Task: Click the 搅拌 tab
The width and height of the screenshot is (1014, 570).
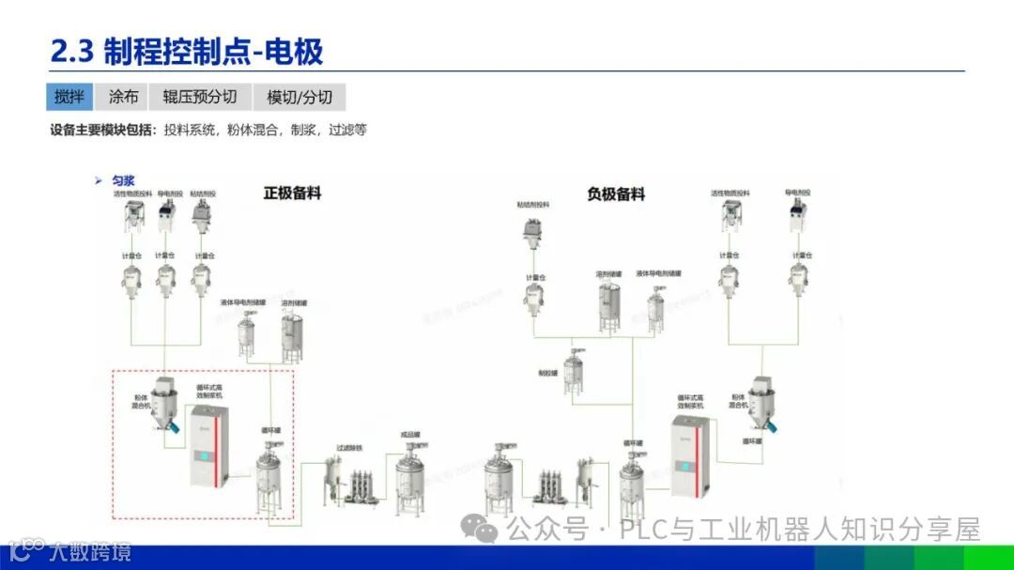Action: click(x=69, y=97)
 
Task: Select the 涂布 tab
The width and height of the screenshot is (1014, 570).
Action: click(x=123, y=97)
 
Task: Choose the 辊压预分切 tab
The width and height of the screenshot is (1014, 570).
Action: click(x=199, y=97)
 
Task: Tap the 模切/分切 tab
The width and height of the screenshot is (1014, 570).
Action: click(x=299, y=97)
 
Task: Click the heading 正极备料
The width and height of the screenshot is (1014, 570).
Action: click(x=292, y=193)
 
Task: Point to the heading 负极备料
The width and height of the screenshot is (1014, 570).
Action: click(x=616, y=194)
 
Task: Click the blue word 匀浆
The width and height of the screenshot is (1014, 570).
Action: click(x=124, y=179)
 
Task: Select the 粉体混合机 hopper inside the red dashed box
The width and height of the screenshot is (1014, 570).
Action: click(x=166, y=403)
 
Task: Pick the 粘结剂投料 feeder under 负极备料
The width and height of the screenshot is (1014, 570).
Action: click(x=533, y=231)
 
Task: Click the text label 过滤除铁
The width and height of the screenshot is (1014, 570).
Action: click(x=350, y=449)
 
